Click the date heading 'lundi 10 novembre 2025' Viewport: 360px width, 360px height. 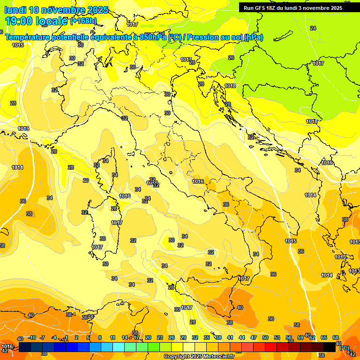56,10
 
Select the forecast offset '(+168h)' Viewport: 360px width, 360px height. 83,21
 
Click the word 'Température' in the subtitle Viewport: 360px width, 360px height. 28,37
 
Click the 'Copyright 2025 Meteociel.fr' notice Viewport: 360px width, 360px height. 199,357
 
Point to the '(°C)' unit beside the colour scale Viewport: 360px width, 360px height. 345,348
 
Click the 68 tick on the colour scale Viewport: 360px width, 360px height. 336,337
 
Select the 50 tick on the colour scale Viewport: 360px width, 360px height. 265,337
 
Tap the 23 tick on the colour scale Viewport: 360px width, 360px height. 160,337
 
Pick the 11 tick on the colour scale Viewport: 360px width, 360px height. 112,337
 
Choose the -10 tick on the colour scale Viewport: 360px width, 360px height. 32,337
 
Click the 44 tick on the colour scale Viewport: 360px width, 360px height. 242,337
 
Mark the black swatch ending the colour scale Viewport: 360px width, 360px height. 330,347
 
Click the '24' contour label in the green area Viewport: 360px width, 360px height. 313,28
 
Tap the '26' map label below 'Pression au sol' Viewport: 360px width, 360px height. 231,58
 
